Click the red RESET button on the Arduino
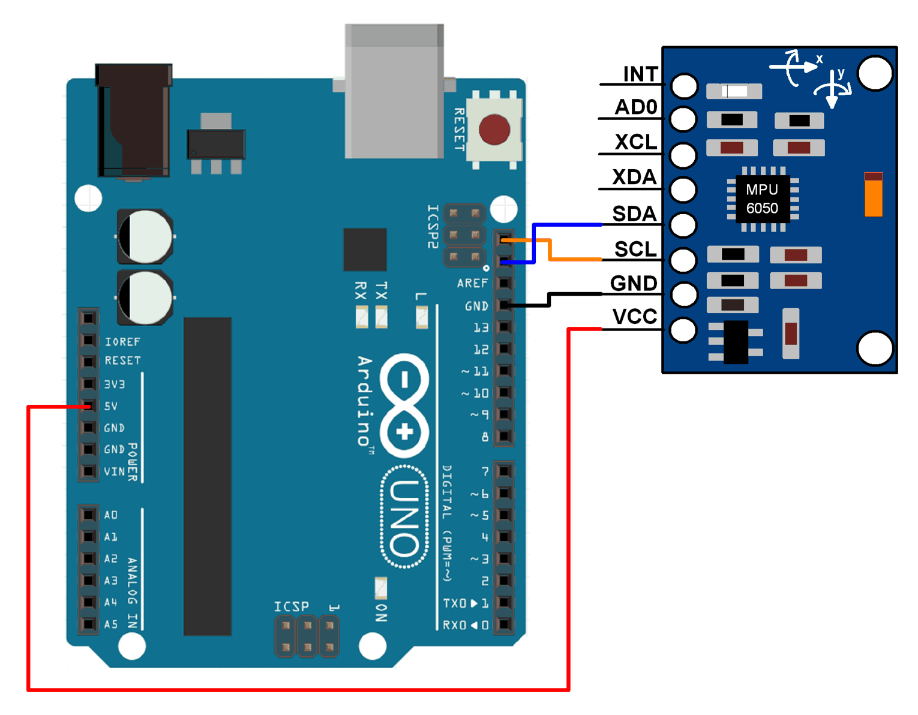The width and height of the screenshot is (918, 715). (x=494, y=129)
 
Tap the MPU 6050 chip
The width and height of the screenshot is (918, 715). (x=762, y=199)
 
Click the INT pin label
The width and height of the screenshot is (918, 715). (x=641, y=74)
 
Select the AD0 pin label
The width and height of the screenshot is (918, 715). (x=636, y=107)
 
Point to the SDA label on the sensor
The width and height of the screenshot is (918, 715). (x=634, y=214)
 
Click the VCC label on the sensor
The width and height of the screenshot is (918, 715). (x=635, y=317)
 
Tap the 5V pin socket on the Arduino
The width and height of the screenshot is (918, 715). (x=89, y=406)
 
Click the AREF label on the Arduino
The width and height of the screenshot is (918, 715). (x=472, y=283)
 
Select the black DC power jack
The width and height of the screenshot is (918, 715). (x=134, y=120)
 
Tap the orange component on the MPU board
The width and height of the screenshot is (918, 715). (x=873, y=194)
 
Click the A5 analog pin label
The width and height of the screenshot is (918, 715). (x=111, y=624)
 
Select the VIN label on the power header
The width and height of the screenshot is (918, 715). (x=114, y=471)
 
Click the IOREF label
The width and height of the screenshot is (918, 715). (x=122, y=341)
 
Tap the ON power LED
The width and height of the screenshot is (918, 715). (x=381, y=588)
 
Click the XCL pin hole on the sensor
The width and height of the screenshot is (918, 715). (x=683, y=155)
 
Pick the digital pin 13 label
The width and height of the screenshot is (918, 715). (x=481, y=328)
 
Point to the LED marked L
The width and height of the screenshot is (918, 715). (x=422, y=317)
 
